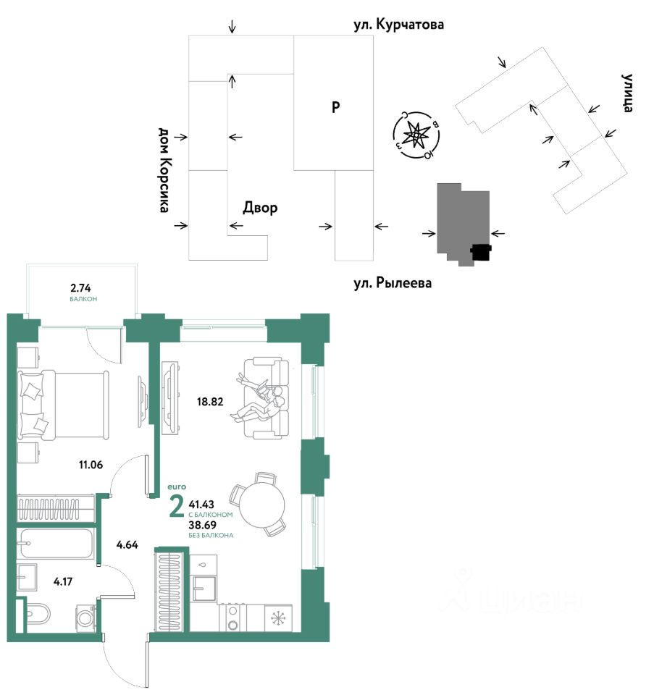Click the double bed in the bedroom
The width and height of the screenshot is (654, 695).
point(64,403)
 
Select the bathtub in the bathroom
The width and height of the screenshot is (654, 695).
point(56,544)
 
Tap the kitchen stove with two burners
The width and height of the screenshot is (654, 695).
point(233,618)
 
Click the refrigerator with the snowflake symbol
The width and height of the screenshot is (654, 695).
point(278,618)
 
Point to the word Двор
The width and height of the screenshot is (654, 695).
point(259,208)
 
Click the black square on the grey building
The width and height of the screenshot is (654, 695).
point(481,252)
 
